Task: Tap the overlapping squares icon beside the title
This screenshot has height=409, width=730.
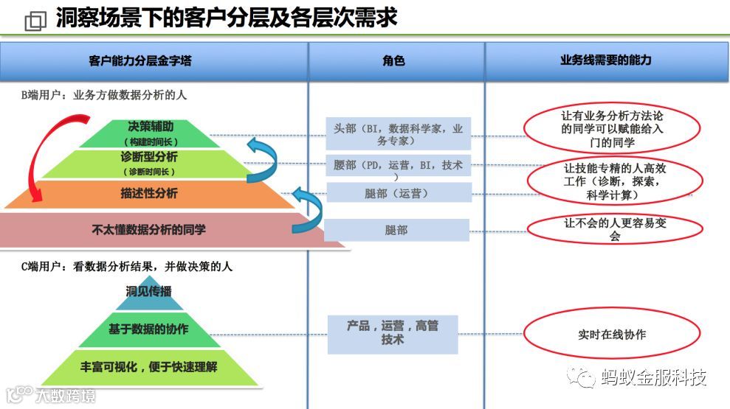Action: (x=35, y=21)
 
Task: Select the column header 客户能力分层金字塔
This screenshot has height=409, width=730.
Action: (x=140, y=60)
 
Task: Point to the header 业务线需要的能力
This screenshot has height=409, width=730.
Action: (x=606, y=60)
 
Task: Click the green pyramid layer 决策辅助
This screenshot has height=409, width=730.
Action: (x=151, y=132)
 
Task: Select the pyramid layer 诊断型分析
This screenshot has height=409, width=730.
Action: (x=148, y=163)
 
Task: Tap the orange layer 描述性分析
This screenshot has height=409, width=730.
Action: (x=148, y=193)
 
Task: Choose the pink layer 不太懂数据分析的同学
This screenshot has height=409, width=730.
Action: (x=148, y=229)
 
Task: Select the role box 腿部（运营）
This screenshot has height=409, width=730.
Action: (x=396, y=193)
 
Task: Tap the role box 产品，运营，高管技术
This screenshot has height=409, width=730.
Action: (x=393, y=333)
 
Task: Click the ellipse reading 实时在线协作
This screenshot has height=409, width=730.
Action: (x=612, y=335)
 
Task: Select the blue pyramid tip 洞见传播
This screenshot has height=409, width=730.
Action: (x=148, y=291)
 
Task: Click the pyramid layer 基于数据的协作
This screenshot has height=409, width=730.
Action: (x=148, y=329)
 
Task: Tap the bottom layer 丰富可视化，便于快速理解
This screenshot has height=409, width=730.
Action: (x=148, y=366)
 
